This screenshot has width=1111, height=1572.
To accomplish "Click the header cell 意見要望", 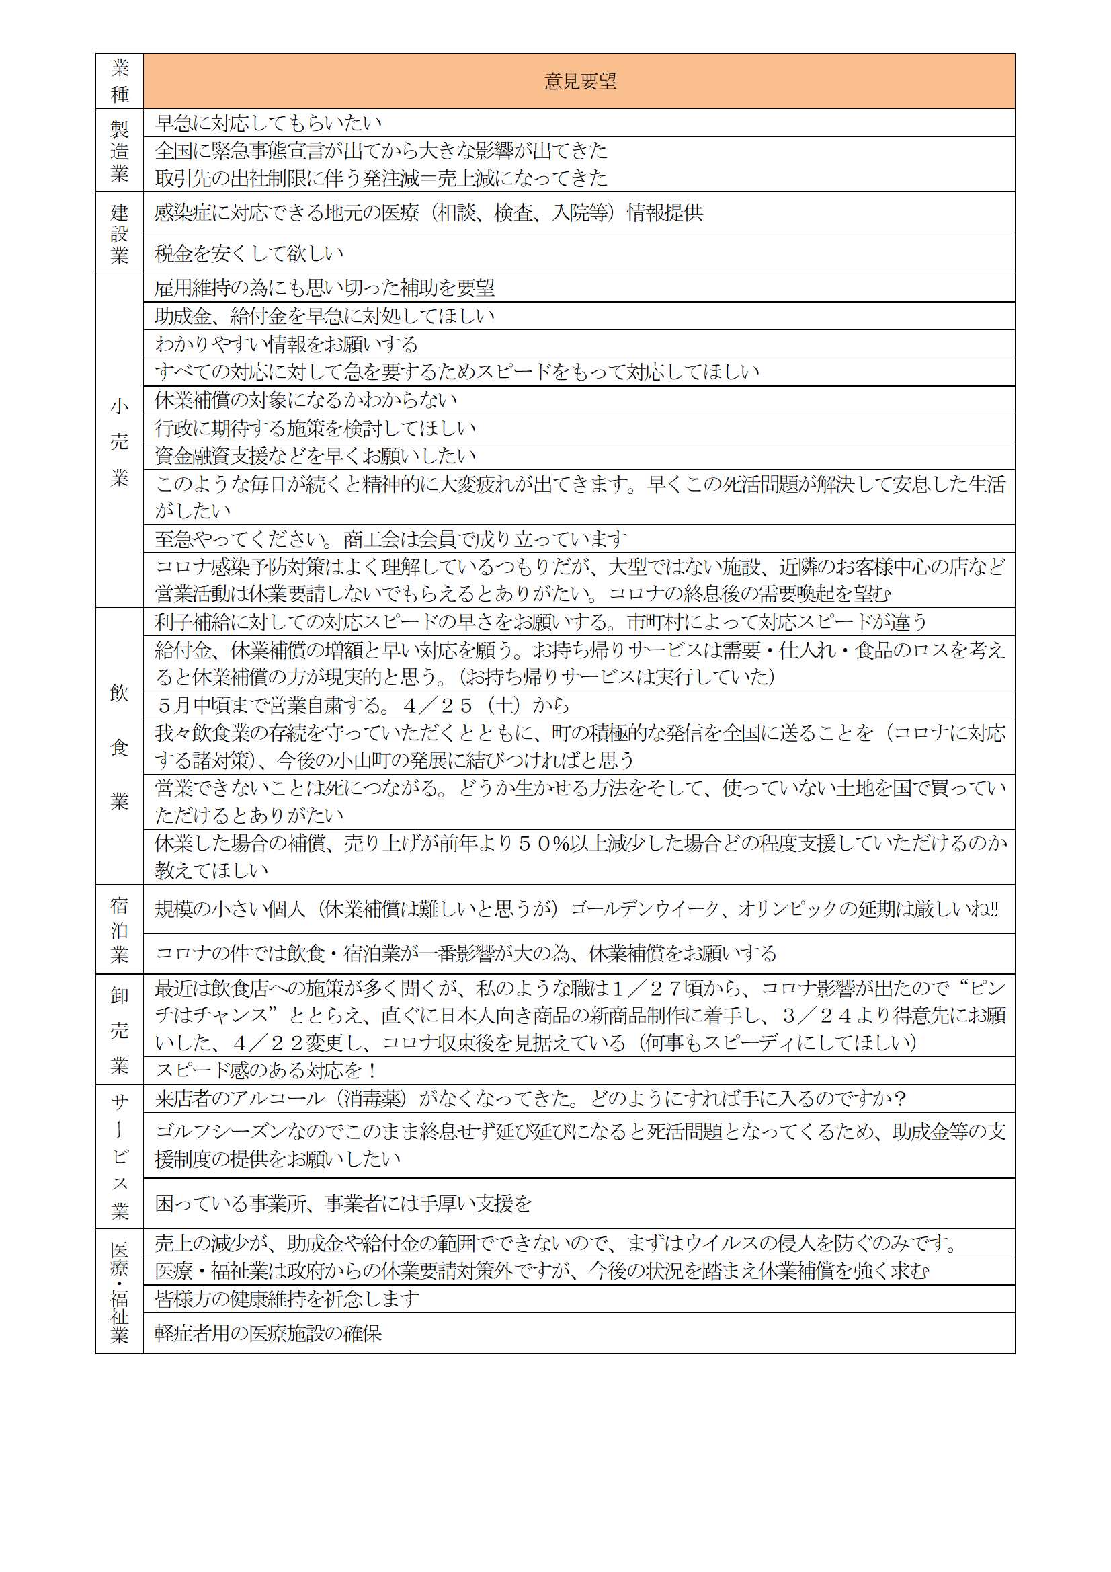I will click(x=579, y=81).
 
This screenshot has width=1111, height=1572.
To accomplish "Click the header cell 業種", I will click(x=120, y=81).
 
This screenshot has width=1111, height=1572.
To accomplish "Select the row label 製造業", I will click(x=120, y=151).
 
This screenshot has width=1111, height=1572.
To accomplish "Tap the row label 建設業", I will click(x=120, y=233).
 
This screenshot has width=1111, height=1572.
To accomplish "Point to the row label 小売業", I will click(x=120, y=442).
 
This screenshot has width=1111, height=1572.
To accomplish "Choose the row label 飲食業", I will click(x=120, y=747).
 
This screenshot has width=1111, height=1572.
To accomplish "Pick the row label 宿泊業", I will click(x=120, y=930).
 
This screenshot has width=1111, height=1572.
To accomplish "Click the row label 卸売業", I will click(x=120, y=1030).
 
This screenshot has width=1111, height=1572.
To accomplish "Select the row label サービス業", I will click(x=120, y=1156).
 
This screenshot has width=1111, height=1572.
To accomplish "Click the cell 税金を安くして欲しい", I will click(x=249, y=254).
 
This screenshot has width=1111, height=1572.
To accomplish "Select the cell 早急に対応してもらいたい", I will click(x=268, y=123).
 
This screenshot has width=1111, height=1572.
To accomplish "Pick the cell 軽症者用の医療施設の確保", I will click(x=268, y=1333).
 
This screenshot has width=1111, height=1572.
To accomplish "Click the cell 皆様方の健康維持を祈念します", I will click(x=287, y=1299).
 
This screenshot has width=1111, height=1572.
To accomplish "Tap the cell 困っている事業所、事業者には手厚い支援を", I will click(x=343, y=1204).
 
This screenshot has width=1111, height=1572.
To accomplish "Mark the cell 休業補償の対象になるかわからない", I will click(x=306, y=400).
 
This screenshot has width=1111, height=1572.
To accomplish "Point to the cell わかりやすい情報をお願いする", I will click(x=286, y=344).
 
